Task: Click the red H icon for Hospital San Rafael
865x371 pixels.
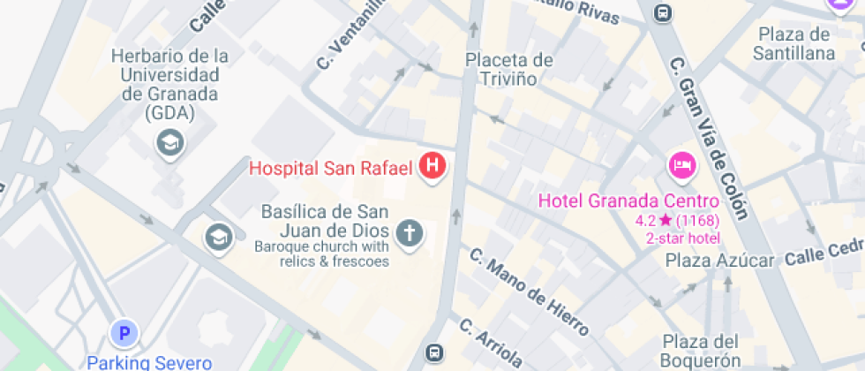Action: click(432, 165)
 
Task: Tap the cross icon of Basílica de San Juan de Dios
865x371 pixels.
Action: click(408, 232)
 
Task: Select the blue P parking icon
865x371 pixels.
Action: click(124, 333)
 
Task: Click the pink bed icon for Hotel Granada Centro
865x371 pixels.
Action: click(681, 163)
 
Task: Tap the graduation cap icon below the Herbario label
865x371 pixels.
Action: click(169, 141)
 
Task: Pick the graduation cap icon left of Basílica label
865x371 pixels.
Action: click(216, 236)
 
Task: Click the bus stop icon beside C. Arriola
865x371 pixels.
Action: click(433, 352)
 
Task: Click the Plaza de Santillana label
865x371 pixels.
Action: click(794, 44)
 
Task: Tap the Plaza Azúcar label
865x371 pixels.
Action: click(719, 260)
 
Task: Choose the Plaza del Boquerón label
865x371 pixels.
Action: click(701, 351)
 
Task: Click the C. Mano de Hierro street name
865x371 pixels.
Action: click(529, 292)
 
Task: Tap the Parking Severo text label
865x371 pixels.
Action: click(149, 362)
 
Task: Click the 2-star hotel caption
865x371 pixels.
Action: click(682, 238)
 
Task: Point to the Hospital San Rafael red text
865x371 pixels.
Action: click(331, 167)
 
